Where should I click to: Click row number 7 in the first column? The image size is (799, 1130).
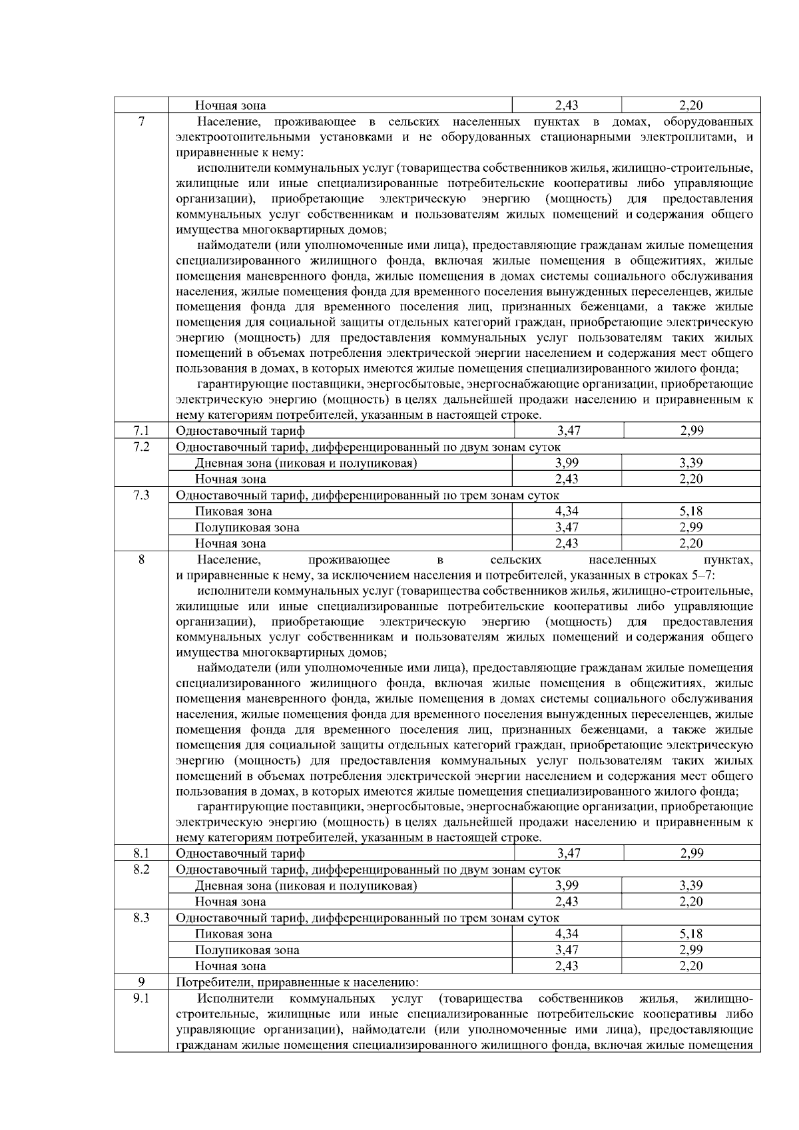(x=141, y=122)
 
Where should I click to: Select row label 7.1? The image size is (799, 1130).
(x=141, y=431)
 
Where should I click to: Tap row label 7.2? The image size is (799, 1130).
(x=141, y=447)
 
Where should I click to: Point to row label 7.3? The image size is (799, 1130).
(x=141, y=495)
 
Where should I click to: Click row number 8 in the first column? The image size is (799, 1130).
(x=141, y=560)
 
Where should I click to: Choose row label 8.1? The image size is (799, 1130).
(x=141, y=853)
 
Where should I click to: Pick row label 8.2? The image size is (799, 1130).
(x=141, y=870)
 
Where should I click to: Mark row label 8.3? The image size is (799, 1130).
(x=141, y=918)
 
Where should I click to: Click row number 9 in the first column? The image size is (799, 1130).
(x=141, y=982)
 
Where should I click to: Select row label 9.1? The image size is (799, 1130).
(x=141, y=998)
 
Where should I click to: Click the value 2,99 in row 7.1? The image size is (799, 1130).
(x=692, y=431)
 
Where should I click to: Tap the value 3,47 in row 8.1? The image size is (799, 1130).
(x=568, y=853)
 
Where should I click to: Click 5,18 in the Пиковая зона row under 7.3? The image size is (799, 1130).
(x=691, y=511)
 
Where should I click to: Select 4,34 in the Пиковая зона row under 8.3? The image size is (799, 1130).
(x=567, y=934)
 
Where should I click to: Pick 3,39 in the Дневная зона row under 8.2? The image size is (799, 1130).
(x=691, y=886)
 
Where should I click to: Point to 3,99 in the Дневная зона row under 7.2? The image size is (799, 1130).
(x=567, y=463)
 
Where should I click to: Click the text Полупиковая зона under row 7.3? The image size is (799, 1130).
(x=247, y=527)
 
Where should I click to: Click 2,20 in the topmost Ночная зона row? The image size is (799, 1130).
(x=691, y=105)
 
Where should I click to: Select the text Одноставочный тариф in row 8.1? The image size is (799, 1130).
(x=240, y=854)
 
